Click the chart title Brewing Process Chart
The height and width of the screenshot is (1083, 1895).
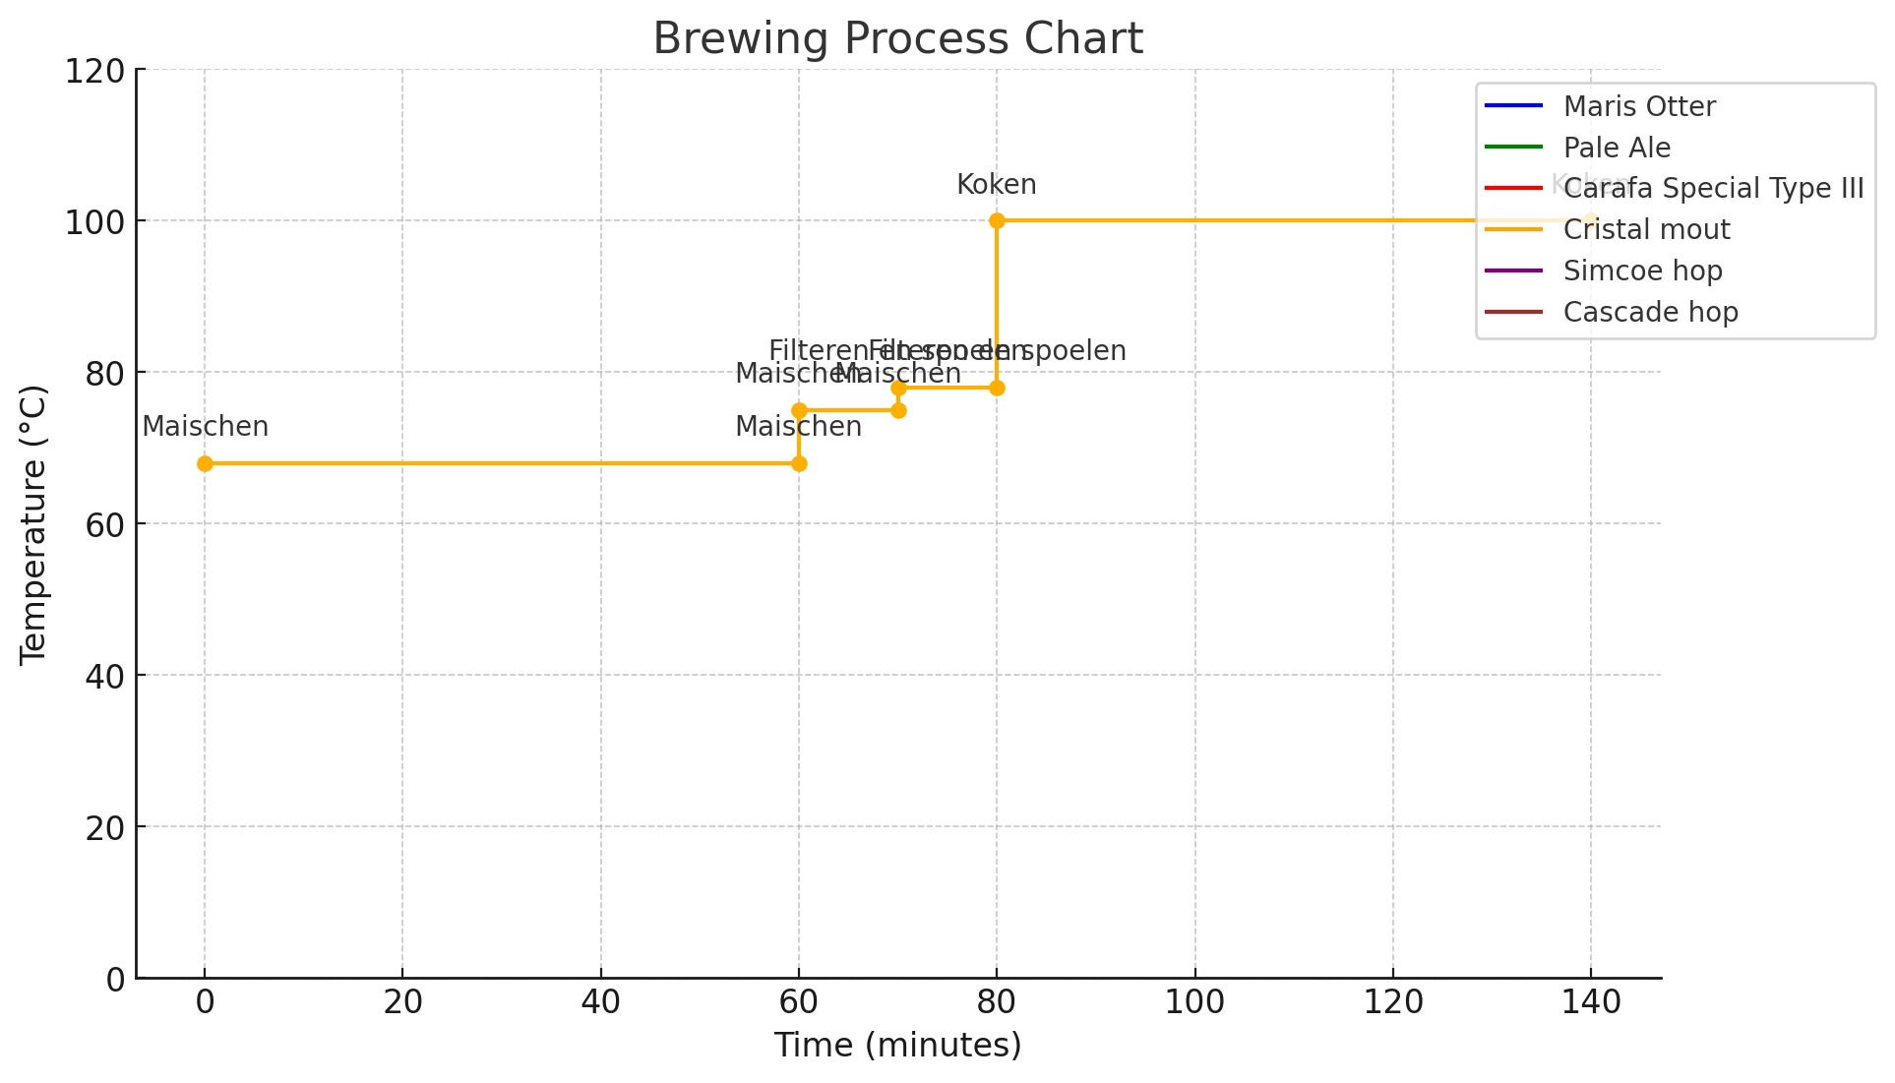click(x=897, y=39)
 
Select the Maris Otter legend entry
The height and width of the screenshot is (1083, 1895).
click(x=1638, y=106)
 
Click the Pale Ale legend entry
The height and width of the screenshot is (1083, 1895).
click(x=1617, y=148)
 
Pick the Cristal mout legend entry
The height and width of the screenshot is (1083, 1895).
click(x=1646, y=229)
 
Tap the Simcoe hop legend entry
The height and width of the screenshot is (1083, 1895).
click(x=1642, y=271)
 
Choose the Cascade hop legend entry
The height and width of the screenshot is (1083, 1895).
click(x=1650, y=312)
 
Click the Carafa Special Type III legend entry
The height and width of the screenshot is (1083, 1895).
click(x=1713, y=188)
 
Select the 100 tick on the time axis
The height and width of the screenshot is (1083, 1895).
click(x=1194, y=1002)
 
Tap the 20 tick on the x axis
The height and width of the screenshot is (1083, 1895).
click(x=402, y=1002)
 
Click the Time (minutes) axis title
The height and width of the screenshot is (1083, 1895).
click(x=897, y=1045)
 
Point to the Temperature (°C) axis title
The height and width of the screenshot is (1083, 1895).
click(x=33, y=524)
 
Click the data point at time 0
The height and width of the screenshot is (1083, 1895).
click(x=205, y=463)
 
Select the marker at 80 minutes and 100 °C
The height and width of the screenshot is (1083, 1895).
click(x=997, y=220)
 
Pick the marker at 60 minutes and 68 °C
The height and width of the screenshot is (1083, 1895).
click(x=799, y=463)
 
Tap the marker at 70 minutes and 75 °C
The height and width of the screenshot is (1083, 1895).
click(x=898, y=410)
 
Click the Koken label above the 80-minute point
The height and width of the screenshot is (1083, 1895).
click(x=997, y=185)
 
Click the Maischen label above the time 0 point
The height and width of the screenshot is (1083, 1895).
click(x=205, y=427)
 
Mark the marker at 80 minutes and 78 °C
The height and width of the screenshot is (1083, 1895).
click(x=997, y=388)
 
